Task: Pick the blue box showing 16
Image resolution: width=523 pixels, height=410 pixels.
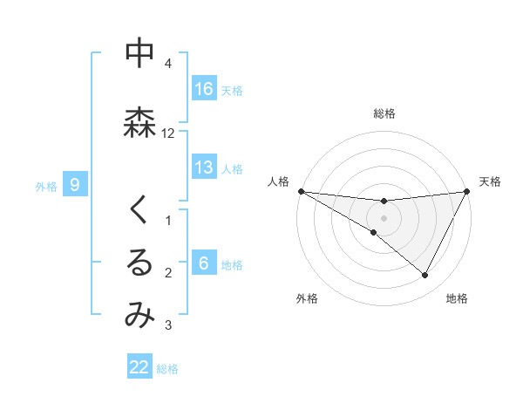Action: (204, 89)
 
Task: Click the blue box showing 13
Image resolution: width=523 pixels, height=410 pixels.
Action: (204, 167)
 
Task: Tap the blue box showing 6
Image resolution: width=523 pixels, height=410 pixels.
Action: (204, 263)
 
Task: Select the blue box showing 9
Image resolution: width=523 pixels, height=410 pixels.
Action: (76, 185)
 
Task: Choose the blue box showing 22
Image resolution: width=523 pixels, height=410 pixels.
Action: (139, 367)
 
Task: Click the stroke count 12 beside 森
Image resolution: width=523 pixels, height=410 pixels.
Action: (168, 133)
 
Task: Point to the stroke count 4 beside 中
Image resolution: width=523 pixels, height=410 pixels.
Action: (168, 64)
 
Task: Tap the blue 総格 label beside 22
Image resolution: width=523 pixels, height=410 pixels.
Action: (167, 368)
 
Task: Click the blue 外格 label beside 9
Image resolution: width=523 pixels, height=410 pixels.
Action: (46, 186)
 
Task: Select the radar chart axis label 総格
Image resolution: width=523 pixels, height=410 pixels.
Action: (384, 113)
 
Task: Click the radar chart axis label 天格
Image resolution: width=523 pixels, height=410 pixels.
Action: (490, 181)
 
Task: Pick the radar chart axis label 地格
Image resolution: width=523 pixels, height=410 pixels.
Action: (457, 298)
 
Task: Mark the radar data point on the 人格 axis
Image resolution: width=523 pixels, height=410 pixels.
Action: (301, 191)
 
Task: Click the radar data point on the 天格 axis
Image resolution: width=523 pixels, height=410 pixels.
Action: (466, 191)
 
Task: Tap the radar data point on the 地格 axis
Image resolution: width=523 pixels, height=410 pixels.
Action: (425, 276)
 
